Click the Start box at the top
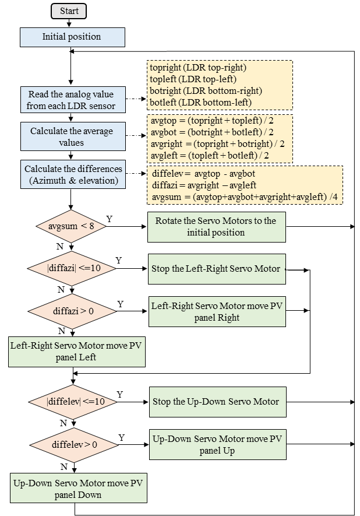click(x=69, y=11)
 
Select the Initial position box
click(x=72, y=37)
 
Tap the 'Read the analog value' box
click(x=72, y=100)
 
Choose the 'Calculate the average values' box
click(x=72, y=136)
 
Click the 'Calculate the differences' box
click(x=73, y=175)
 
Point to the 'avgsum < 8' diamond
click(x=72, y=226)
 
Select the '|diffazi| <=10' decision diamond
click(x=72, y=268)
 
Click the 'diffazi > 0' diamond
click(x=72, y=311)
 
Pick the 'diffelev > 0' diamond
click(x=74, y=445)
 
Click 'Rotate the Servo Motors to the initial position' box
click(x=216, y=226)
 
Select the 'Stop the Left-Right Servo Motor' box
click(x=217, y=269)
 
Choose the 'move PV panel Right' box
click(x=217, y=311)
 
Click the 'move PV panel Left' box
click(x=76, y=351)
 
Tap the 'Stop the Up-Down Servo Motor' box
click(x=217, y=402)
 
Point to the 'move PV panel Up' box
click(x=217, y=444)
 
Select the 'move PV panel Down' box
click(x=78, y=489)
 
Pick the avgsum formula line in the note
click(x=245, y=198)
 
